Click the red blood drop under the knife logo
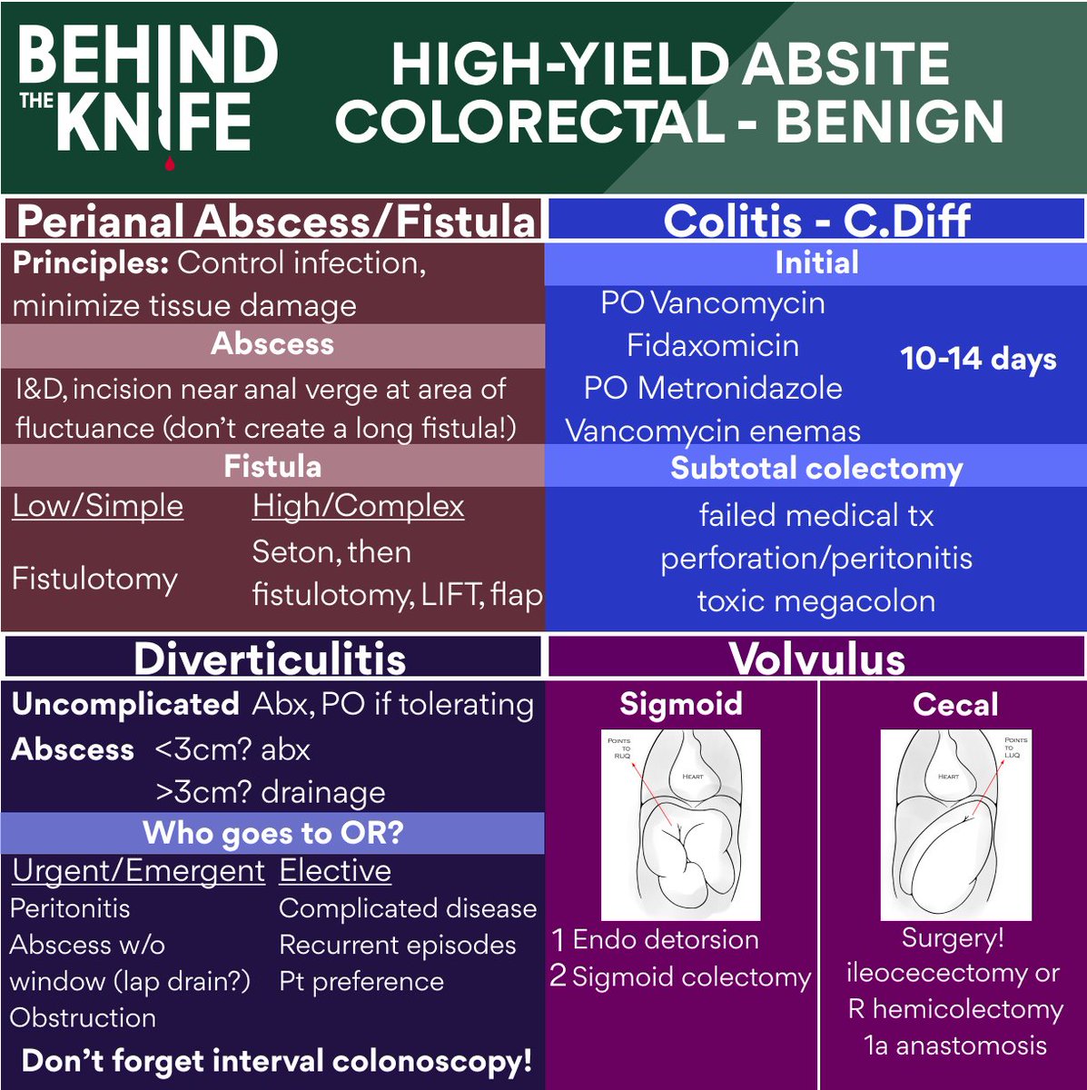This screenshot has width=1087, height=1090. point(170,164)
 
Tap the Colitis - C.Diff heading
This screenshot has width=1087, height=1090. point(816,221)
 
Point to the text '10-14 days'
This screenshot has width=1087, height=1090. point(978,359)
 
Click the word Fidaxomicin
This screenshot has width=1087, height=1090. point(713,346)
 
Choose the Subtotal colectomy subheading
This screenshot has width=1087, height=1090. point(816,469)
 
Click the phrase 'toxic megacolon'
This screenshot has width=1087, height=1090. point(816,601)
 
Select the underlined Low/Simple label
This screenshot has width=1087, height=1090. point(98,506)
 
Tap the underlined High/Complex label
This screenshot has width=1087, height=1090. point(359,506)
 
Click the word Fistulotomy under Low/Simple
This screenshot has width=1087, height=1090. point(94,580)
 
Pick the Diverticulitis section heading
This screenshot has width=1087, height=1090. point(270,659)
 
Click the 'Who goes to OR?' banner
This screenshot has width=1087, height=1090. point(272,833)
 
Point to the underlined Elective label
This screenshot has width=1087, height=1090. point(335,871)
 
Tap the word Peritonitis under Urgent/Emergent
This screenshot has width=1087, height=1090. point(70,908)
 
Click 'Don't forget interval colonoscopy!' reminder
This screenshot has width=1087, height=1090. point(277,1061)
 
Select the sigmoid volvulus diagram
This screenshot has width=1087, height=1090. point(681,825)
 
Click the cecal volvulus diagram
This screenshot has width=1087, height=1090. point(955,825)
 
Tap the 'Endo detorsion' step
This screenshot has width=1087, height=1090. point(666,939)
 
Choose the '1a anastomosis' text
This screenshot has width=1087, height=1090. point(955,1045)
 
